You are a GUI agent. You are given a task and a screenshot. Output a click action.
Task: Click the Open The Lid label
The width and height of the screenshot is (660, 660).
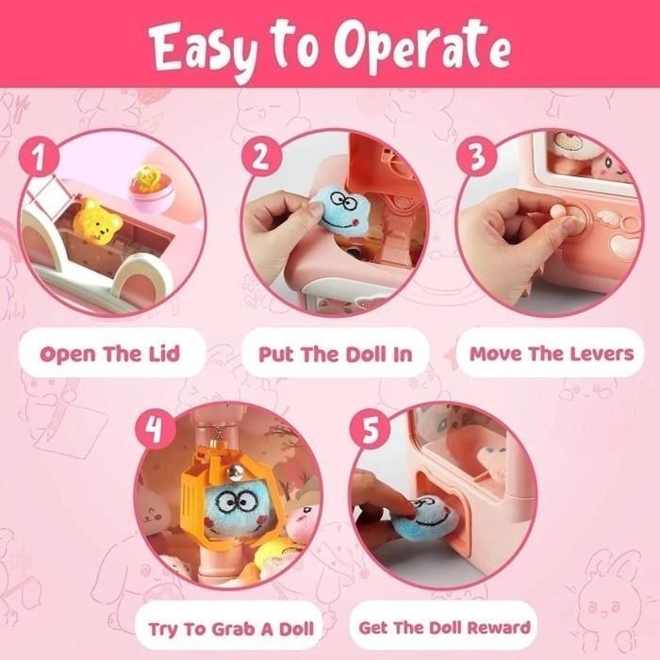coord(109,355)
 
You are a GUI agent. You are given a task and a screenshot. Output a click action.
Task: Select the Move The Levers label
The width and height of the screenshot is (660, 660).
coord(552,355)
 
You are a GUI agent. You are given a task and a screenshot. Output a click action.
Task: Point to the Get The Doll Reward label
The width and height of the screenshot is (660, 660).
coord(444,627)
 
